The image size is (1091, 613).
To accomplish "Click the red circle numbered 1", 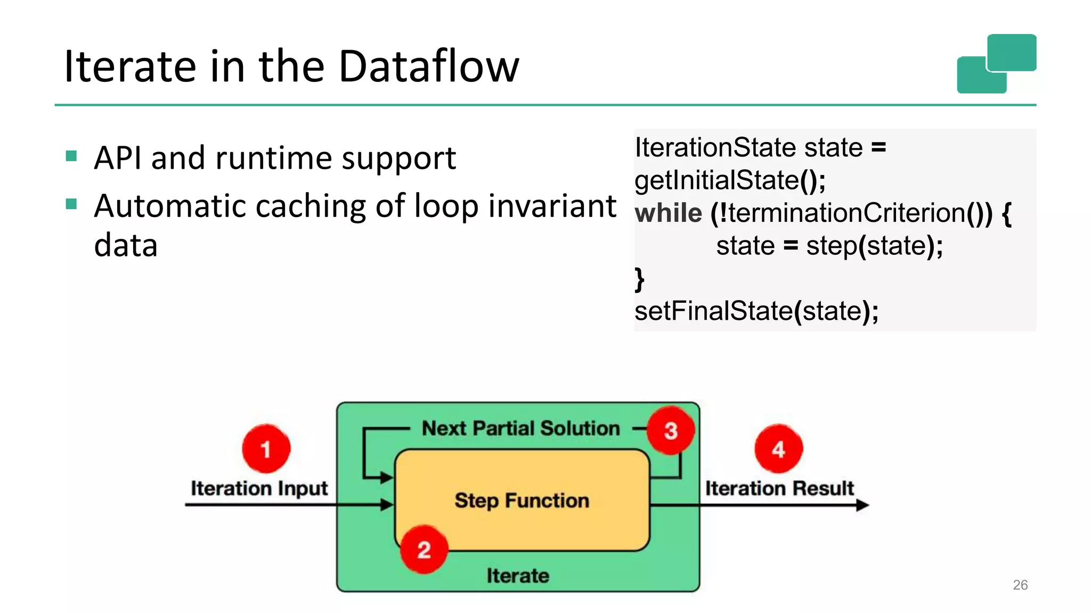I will point(266,449).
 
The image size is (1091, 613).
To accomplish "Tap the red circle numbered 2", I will point(424,549).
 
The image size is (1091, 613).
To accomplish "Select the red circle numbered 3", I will point(670,430).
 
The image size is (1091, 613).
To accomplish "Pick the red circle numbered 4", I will point(778,449).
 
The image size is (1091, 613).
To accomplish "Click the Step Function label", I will point(522,500).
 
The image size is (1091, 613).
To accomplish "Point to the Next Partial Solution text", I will point(520,428).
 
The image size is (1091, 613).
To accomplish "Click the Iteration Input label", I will point(259,488).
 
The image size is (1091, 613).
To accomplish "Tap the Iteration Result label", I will point(779,488).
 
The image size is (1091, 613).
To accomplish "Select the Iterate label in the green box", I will point(517,576).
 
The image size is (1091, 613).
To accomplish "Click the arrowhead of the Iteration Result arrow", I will point(862,505).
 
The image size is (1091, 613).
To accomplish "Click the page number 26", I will point(1020,585).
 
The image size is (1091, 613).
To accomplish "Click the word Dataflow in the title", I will point(428,66).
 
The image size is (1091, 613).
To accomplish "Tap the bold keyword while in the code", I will point(668,213).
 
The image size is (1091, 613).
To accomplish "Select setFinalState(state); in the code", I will point(756,311).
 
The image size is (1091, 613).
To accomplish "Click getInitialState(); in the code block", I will point(729,180).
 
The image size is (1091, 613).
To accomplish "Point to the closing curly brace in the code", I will point(639,279).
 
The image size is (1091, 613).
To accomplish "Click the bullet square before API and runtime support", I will point(71,156).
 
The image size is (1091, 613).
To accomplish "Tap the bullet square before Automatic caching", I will point(71,204).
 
